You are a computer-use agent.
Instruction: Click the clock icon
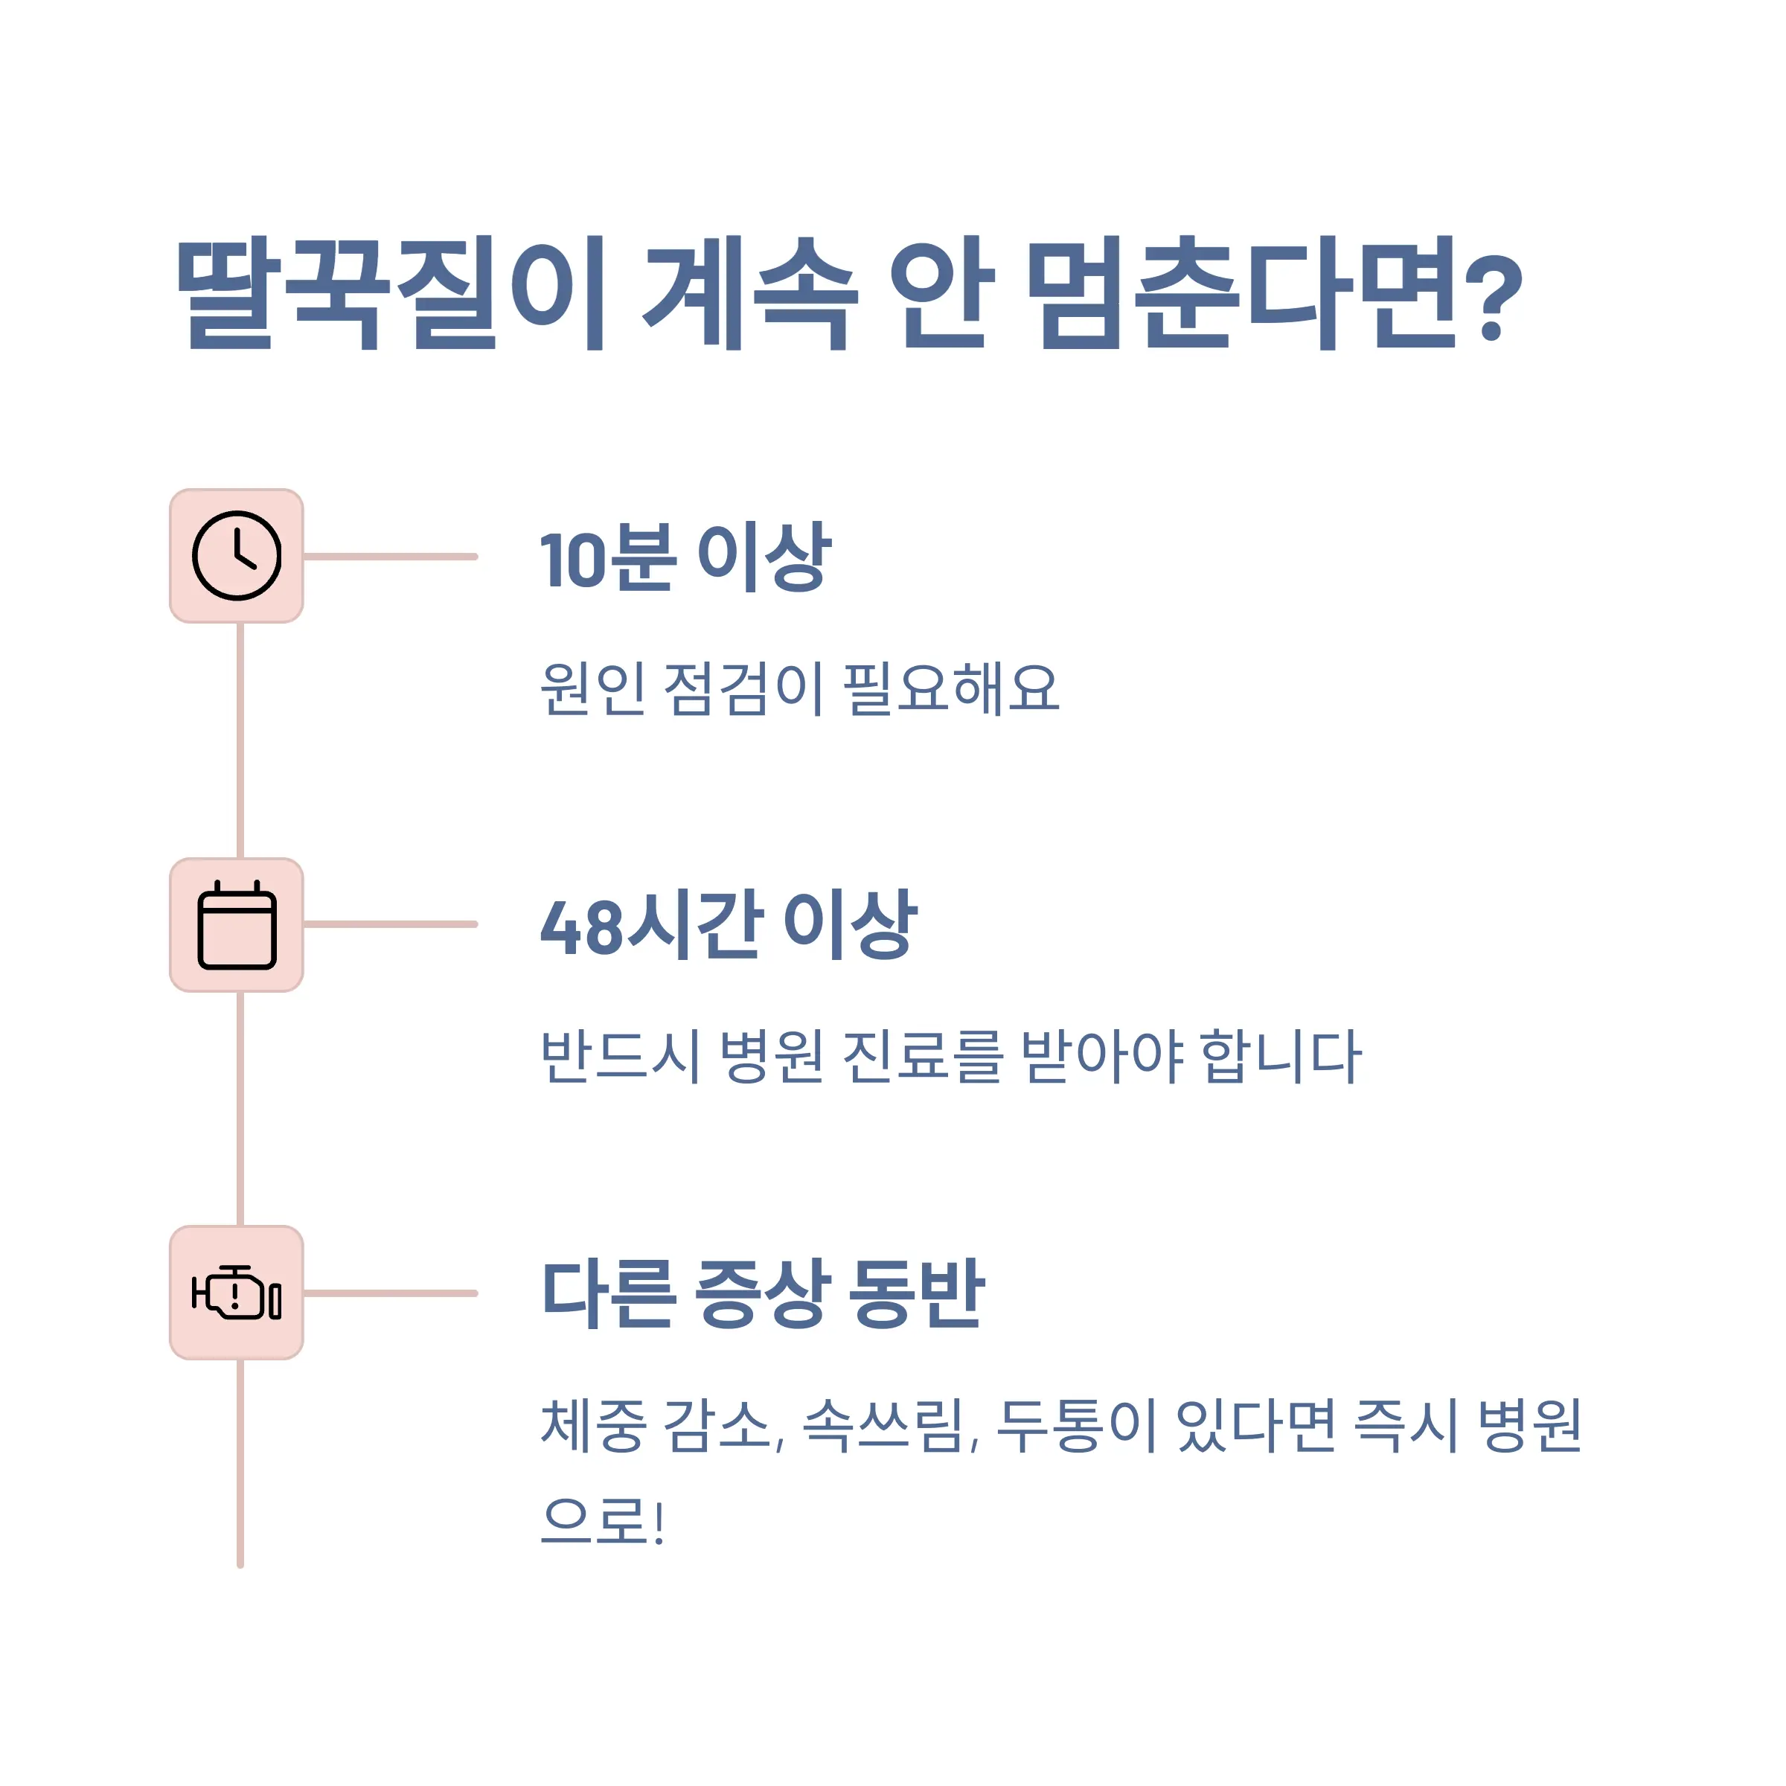[x=237, y=556]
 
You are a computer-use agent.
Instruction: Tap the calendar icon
[x=237, y=924]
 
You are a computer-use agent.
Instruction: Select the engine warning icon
[x=237, y=1293]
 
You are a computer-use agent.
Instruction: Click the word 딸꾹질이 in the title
[x=391, y=294]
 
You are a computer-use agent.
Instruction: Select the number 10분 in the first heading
[x=606, y=557]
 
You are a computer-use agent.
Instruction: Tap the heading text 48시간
[x=653, y=924]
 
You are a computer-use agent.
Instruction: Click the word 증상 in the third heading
[x=758, y=1293]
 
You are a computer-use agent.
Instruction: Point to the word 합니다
[x=1280, y=1056]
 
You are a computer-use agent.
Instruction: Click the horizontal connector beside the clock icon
[x=390, y=557]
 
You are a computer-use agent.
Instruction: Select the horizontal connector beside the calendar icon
[x=390, y=924]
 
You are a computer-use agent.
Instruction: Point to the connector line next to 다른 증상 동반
[x=390, y=1293]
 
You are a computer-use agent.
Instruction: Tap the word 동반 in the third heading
[x=916, y=1293]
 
